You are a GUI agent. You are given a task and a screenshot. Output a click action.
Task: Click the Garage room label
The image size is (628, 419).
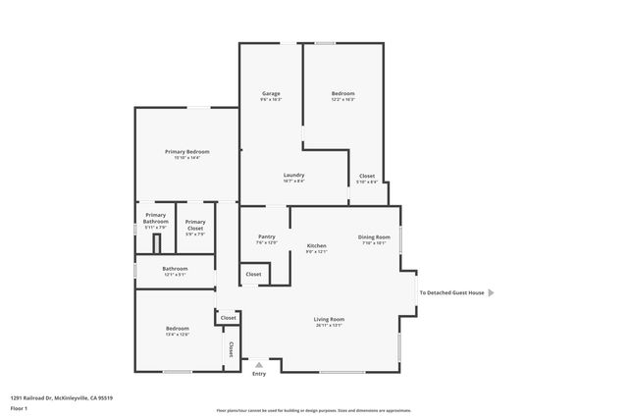272,94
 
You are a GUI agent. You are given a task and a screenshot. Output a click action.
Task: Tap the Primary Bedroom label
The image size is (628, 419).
186,151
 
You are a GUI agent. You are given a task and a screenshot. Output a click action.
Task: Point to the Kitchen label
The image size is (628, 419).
316,245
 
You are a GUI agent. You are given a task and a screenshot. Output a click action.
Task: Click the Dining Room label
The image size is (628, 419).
374,236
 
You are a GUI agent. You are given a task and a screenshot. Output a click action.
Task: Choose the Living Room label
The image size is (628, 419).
329,319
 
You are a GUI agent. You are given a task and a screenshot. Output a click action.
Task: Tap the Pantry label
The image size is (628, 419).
266,236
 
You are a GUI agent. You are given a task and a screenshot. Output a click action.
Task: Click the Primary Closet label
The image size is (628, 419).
195,225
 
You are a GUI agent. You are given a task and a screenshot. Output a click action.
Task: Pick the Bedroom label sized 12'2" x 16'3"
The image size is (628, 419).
342,94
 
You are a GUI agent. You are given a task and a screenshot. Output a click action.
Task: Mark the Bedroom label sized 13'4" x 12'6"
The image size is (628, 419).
177,328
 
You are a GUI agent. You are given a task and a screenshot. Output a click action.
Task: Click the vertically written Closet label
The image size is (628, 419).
232,348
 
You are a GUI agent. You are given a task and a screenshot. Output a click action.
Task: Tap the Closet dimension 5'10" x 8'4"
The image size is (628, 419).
366,182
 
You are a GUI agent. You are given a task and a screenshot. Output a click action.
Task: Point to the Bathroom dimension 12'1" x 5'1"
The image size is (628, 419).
175,274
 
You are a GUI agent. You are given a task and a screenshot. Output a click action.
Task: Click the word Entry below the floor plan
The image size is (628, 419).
259,373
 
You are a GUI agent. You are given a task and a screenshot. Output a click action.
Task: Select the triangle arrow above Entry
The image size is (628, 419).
259,363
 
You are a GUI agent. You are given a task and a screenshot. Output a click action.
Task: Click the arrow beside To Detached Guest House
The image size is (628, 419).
492,292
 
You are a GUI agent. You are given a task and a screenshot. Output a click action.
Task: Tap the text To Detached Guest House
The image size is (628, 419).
451,292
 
